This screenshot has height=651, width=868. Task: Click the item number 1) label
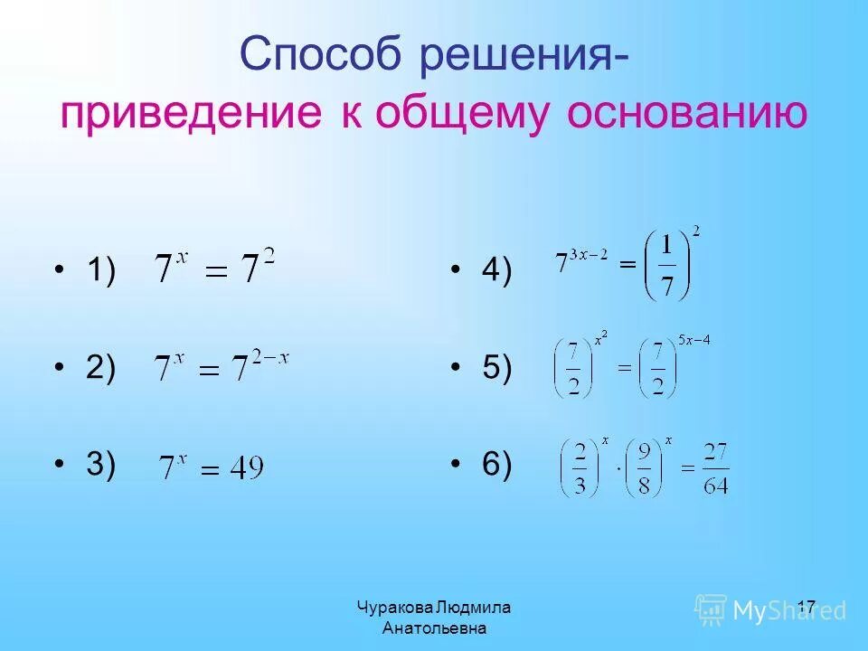click(100, 271)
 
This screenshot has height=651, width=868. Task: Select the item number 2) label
click(100, 369)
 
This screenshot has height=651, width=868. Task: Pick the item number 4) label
click(495, 271)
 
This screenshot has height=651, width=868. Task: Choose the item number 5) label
click(495, 369)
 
